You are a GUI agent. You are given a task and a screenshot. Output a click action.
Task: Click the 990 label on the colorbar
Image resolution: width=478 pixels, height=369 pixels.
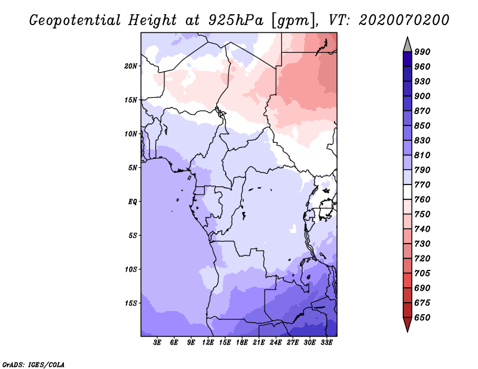click(x=422, y=52)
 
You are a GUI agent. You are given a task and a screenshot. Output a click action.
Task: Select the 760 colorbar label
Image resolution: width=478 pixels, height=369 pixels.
click(x=422, y=199)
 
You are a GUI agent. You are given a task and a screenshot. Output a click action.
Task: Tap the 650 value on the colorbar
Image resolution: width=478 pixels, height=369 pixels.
click(x=422, y=318)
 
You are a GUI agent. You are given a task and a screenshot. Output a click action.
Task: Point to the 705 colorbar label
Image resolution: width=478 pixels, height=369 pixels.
click(x=422, y=273)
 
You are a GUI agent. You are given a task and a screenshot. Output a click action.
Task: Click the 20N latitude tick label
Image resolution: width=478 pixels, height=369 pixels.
click(x=131, y=66)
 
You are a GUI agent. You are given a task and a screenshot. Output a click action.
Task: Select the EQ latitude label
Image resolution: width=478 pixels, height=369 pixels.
click(x=133, y=202)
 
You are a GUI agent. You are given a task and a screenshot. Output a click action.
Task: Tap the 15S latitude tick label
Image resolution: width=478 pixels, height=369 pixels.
click(x=131, y=303)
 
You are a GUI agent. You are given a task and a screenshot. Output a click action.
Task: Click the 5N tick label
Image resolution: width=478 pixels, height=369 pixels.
click(x=133, y=168)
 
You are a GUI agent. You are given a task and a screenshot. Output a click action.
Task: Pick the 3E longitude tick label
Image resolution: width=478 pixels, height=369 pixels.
click(x=157, y=343)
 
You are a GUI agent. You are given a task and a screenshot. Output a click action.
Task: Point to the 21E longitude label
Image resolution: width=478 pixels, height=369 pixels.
click(x=259, y=343)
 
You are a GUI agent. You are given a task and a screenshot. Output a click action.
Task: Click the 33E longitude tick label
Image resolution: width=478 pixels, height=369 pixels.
click(x=326, y=343)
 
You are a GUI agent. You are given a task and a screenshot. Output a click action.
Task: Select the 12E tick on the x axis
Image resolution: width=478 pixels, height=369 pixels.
click(x=207, y=343)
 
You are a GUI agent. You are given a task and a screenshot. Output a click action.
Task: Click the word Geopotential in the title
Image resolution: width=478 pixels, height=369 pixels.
click(x=75, y=20)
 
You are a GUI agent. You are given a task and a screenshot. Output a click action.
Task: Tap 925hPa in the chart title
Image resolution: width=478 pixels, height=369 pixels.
click(x=236, y=20)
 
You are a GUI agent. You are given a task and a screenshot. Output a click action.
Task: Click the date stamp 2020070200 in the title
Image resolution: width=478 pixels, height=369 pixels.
click(x=404, y=20)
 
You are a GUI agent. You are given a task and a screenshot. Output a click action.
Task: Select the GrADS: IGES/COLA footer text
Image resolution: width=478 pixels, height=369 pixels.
click(x=33, y=364)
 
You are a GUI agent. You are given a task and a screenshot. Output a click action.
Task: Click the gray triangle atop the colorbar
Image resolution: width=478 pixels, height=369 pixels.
click(x=407, y=45)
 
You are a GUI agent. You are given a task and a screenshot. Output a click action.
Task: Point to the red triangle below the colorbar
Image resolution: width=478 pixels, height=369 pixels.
click(x=407, y=324)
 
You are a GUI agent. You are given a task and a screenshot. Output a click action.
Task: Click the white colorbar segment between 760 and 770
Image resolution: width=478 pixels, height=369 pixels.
click(x=407, y=192)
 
